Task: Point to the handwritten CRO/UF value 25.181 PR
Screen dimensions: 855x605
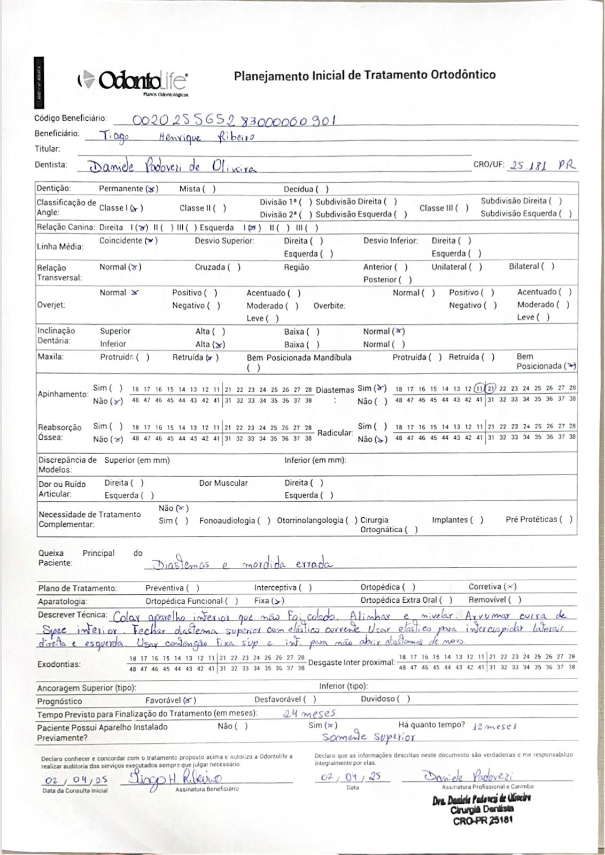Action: pyautogui.click(x=542, y=165)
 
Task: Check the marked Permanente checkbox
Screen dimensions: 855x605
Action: pyautogui.click(x=152, y=189)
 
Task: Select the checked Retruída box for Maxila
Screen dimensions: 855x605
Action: pyautogui.click(x=212, y=357)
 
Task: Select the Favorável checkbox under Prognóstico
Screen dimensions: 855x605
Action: pyautogui.click(x=190, y=700)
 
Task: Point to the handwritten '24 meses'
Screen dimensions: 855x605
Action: pyautogui.click(x=309, y=713)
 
